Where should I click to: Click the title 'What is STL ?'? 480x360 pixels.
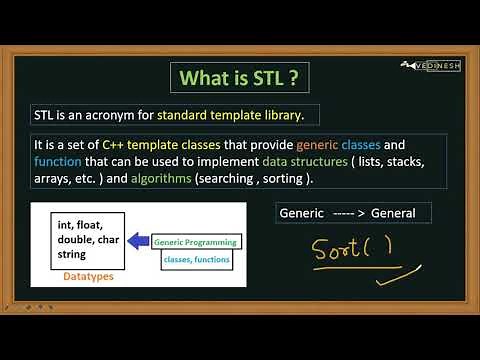pos(240,77)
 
